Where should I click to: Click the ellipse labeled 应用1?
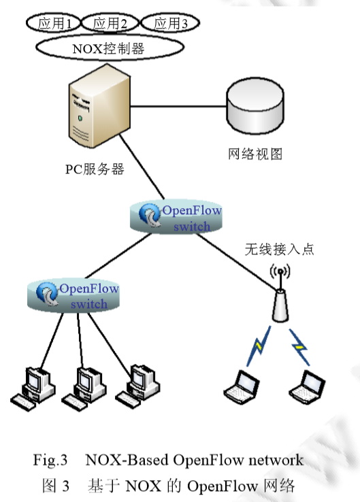(54, 24)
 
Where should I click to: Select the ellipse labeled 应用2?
(112, 24)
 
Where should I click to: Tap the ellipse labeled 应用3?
(169, 24)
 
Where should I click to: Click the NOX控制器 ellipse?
(109, 48)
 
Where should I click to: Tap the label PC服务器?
(95, 170)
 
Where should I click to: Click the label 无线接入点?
(280, 250)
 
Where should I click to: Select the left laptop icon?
(242, 384)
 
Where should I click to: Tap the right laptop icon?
(307, 384)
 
